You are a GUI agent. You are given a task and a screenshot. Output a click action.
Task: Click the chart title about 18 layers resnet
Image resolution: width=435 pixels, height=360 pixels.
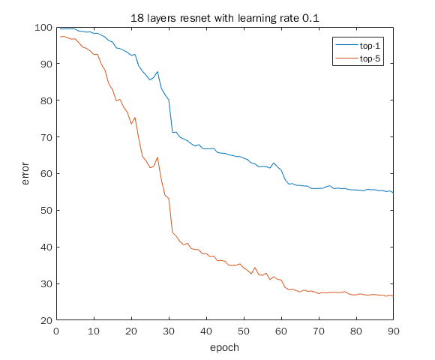224,17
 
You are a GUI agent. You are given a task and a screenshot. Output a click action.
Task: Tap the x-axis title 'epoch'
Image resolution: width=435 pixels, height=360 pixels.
224,347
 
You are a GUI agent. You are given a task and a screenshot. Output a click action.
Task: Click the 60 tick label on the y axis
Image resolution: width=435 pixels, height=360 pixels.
46,174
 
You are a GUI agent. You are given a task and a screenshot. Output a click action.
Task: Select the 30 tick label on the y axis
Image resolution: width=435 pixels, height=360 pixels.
46,284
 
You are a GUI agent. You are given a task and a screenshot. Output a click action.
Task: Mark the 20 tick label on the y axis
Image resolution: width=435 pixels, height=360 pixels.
46,321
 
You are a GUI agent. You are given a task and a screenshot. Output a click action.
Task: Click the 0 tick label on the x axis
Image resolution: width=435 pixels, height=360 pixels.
56,330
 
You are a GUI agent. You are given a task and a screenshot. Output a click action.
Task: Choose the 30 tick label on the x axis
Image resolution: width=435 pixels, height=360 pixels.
169,330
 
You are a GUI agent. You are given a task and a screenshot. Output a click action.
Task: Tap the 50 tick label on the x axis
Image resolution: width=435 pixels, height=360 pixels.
244,330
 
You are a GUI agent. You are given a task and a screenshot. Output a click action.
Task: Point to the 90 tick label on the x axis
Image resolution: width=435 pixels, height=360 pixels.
393,330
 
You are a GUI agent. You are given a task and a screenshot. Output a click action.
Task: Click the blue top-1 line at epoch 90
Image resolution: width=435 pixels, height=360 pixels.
392,193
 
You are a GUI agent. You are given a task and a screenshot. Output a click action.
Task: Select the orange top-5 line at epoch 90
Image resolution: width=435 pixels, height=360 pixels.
392,296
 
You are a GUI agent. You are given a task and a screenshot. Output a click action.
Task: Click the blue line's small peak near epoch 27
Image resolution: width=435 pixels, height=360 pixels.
157,72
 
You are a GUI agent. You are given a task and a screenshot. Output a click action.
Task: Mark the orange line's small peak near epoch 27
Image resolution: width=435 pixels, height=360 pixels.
157,157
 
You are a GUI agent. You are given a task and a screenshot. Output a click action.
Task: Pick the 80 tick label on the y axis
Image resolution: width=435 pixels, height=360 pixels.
46,100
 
